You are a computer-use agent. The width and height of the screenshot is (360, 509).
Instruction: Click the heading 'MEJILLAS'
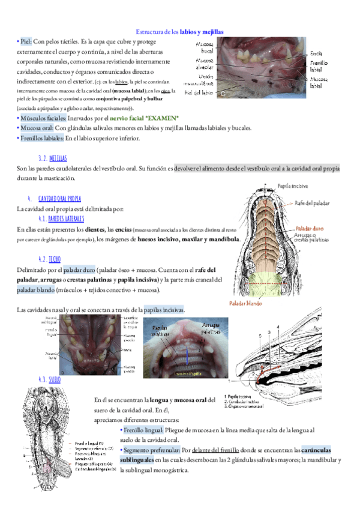pyautogui.click(x=58, y=158)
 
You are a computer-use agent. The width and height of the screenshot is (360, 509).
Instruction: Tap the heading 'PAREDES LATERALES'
pyautogui.click(x=66, y=218)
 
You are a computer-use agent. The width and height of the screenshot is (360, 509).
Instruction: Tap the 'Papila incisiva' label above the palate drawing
pyautogui.click(x=293, y=185)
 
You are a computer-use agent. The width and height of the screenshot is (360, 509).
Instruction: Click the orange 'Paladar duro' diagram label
pyautogui.click(x=312, y=229)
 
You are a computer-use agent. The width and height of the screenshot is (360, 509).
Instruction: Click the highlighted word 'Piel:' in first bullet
pyautogui.click(x=26, y=41)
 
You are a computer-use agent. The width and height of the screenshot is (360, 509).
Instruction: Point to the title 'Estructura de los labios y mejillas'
pyautogui.click(x=180, y=31)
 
